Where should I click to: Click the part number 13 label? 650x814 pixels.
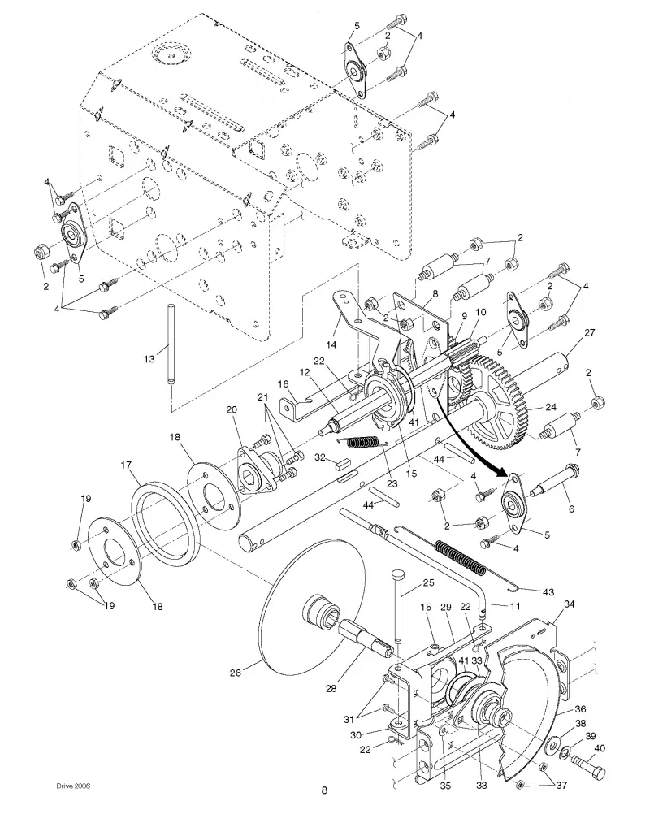click(149, 359)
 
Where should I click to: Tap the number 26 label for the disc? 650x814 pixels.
click(235, 673)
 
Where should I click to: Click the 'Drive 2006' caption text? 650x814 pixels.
click(73, 786)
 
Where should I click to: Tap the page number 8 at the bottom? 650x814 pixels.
click(324, 790)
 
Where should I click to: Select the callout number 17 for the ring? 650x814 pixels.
click(126, 465)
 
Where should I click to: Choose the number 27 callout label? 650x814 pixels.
click(589, 332)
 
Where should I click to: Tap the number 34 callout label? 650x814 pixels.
click(569, 604)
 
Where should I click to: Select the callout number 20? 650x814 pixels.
click(232, 410)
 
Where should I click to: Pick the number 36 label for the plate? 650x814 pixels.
click(580, 709)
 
